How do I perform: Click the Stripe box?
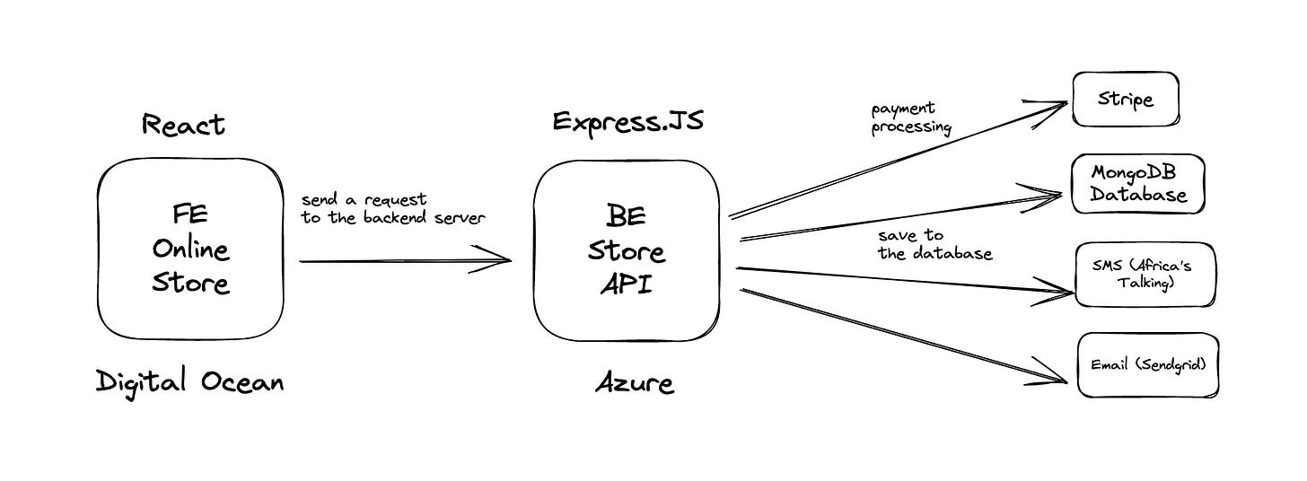1126,99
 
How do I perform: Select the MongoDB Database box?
1138,184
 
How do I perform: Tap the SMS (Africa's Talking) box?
1146,275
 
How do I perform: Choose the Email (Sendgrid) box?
1148,365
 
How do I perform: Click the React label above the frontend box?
183,125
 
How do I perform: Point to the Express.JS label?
627,121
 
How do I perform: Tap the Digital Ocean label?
190,383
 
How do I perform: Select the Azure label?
634,384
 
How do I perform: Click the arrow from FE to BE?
404,261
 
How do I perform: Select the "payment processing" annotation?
910,118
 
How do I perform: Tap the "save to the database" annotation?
934,244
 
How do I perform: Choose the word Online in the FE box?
190,249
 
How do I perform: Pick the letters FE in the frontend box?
190,215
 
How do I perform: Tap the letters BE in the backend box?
626,216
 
